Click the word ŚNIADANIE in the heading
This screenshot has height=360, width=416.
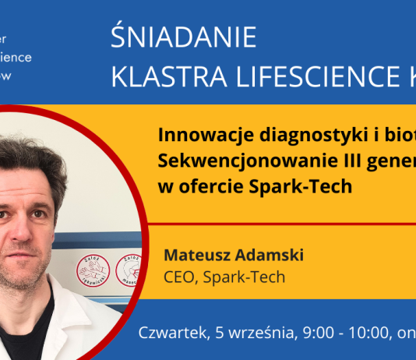point(183,37)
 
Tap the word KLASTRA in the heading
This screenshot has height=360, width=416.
point(160,76)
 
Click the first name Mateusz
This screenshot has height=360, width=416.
point(196,256)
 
